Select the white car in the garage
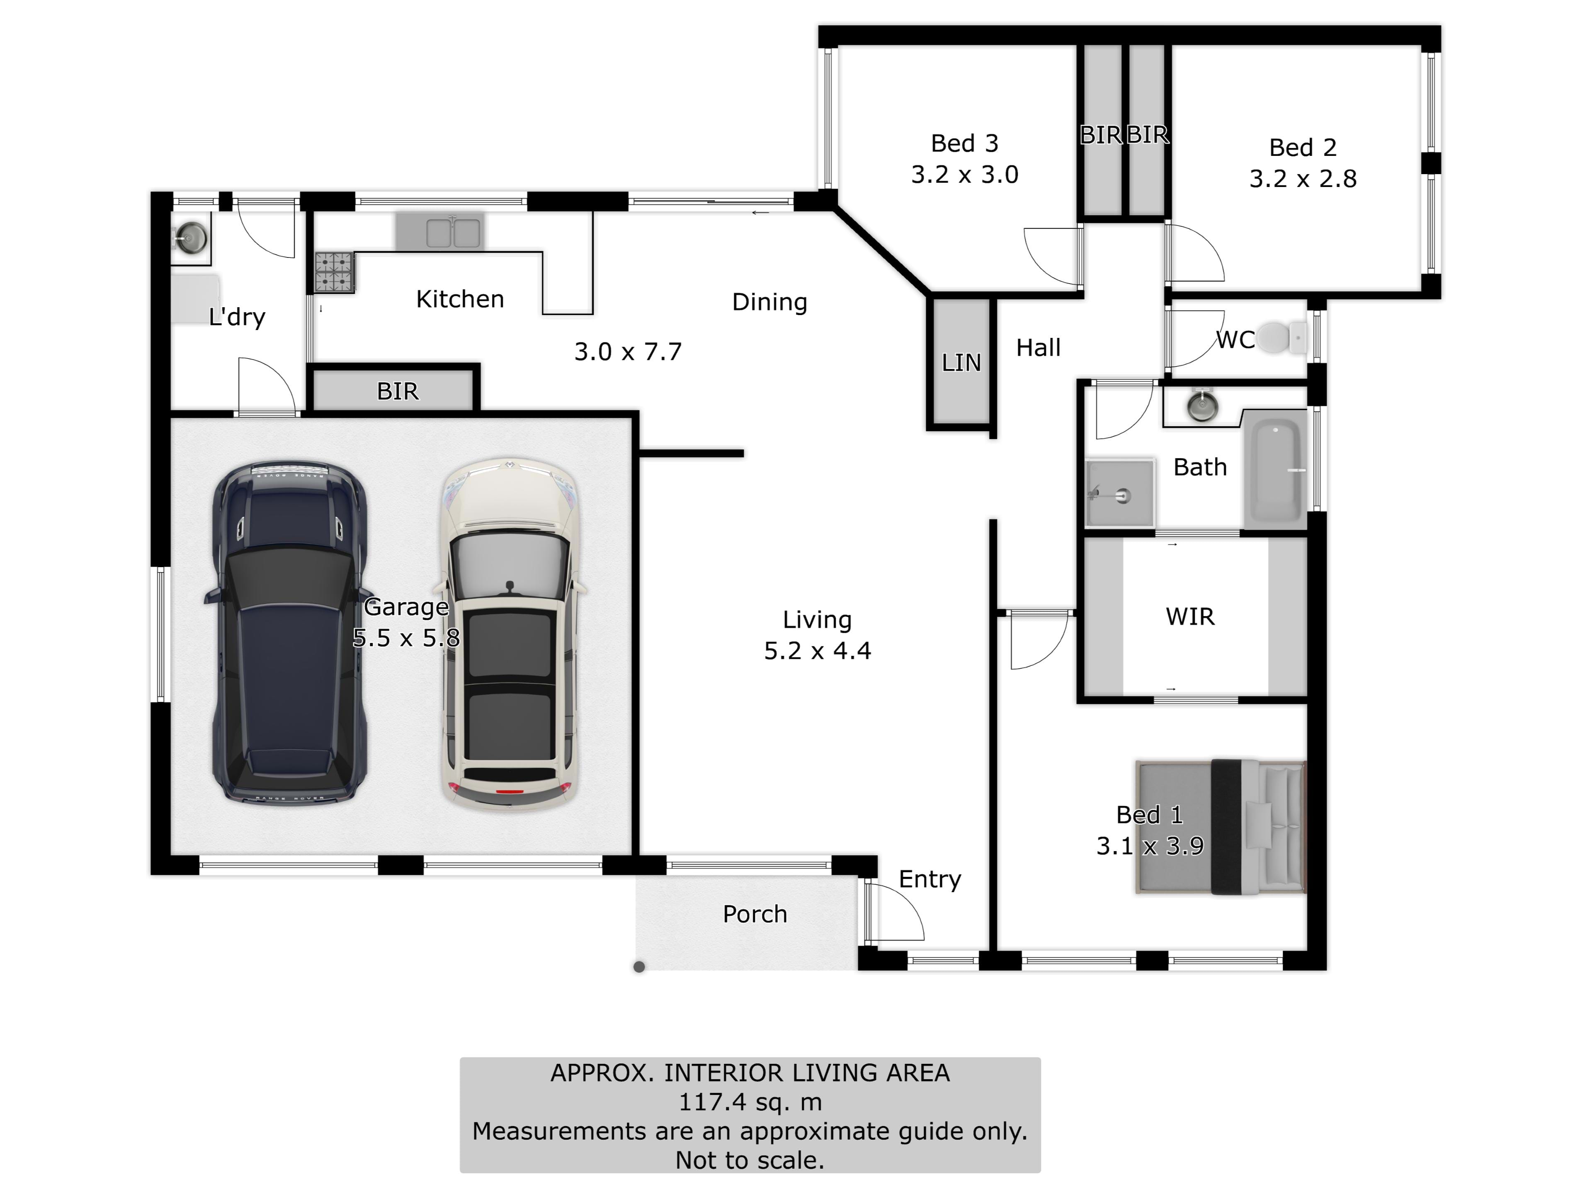(510, 634)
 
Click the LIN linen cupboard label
(961, 363)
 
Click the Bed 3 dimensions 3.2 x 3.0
(964, 174)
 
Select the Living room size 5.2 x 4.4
(818, 650)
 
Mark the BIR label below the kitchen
(397, 391)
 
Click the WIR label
(1190, 617)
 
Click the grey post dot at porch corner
(639, 966)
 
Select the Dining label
(769, 302)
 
